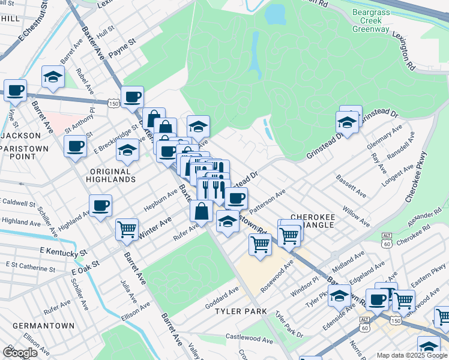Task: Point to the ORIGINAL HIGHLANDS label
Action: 110,175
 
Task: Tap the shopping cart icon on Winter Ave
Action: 127,229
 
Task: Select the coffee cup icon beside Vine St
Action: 16,90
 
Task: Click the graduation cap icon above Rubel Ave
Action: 53,77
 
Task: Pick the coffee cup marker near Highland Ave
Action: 100,205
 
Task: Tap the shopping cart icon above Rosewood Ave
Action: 259,243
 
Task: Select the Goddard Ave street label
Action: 222,298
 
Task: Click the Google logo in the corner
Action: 20,352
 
